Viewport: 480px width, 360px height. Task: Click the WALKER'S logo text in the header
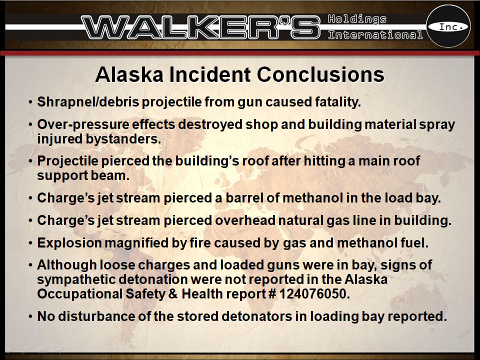pos(200,27)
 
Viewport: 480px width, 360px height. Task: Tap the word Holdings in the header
pos(357,19)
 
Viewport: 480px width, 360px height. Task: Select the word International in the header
pos(375,35)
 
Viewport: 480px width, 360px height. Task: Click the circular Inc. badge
pos(448,26)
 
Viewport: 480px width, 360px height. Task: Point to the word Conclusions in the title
pos(320,74)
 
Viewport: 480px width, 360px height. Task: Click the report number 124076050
pos(313,294)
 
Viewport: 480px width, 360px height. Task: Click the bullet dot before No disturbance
pos(30,317)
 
